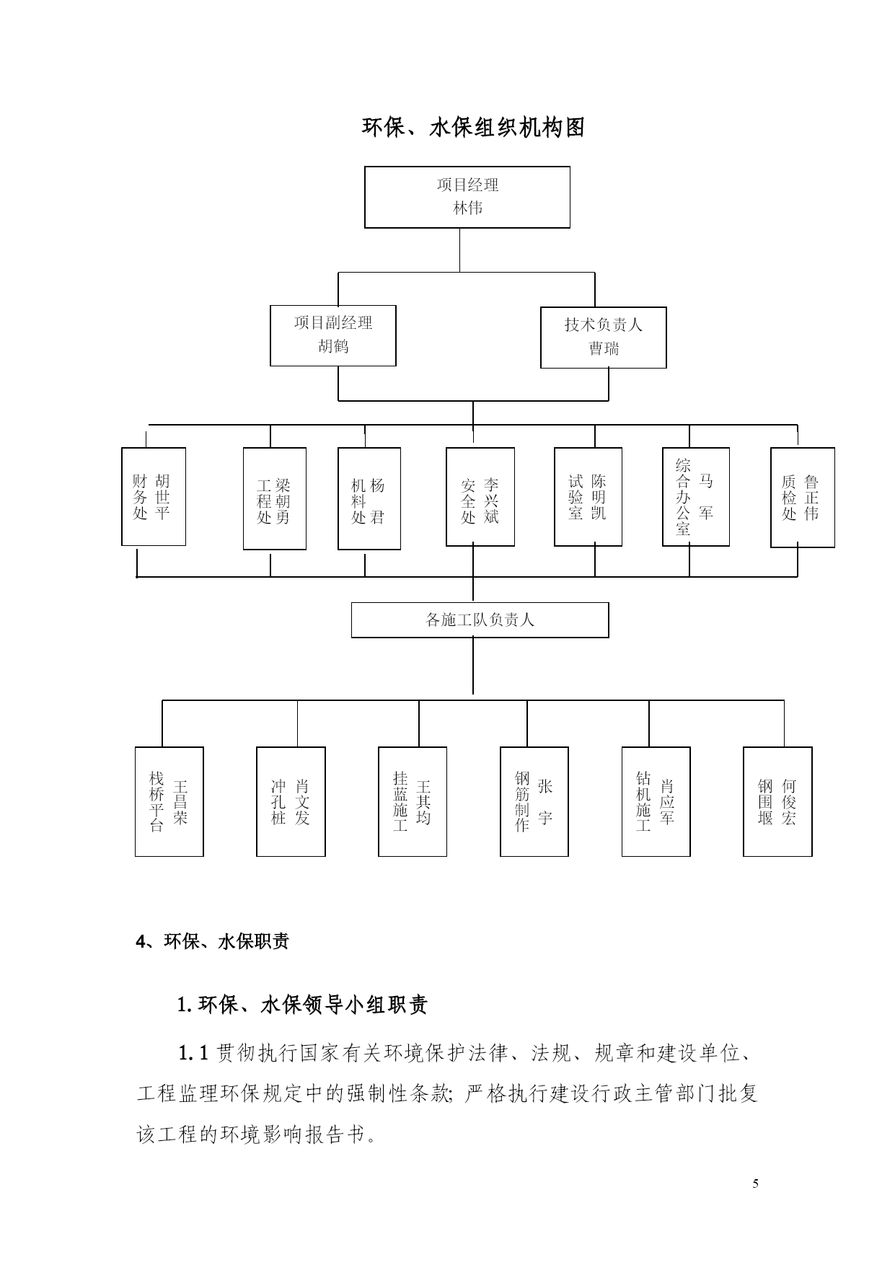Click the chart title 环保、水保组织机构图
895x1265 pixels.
coord(473,128)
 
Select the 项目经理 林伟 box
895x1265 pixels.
coord(467,197)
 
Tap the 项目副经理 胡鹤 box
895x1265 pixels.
coord(333,335)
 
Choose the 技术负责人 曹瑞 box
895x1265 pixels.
coord(604,338)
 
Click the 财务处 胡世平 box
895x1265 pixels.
coord(154,496)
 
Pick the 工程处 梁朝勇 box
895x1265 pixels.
coord(275,498)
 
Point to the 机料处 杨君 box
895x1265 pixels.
coord(369,498)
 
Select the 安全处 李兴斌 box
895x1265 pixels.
coord(480,496)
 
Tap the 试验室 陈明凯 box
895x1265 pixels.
coord(588,496)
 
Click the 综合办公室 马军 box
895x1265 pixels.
coord(696,496)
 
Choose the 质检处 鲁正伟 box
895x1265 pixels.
coord(803,497)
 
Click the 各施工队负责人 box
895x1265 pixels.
coord(480,620)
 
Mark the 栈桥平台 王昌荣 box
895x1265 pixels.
coord(169,801)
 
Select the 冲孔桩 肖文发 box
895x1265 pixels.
coord(291,801)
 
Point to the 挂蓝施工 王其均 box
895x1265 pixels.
coord(413,801)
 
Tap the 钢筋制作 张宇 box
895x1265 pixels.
coord(534,801)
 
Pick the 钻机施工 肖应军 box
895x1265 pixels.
coord(656,801)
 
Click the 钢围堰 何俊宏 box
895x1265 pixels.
coord(777,801)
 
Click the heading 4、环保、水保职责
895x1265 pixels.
coord(213,941)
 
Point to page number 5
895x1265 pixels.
coord(755,1183)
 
